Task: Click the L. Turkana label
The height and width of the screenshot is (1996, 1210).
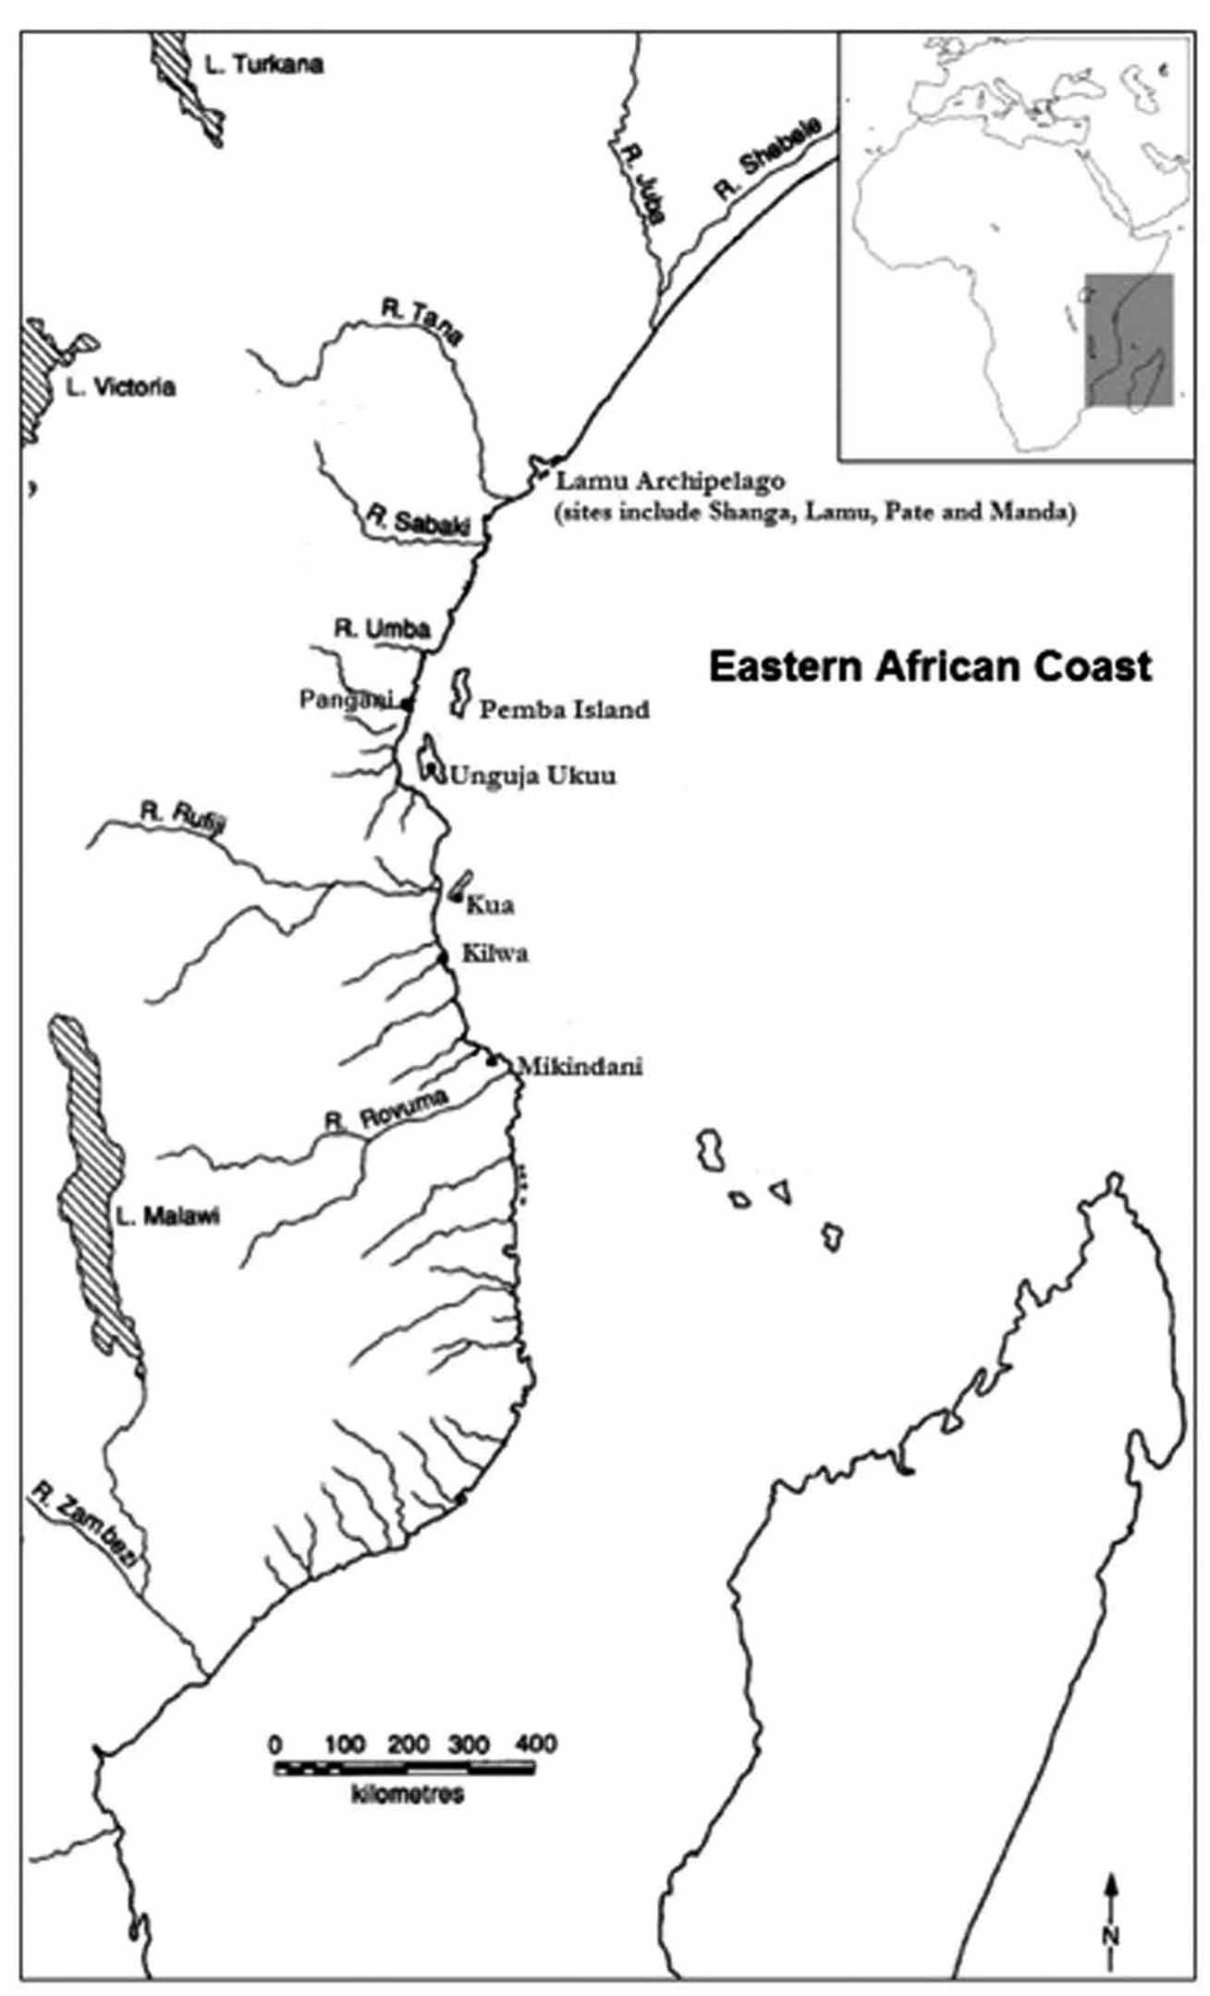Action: tap(263, 65)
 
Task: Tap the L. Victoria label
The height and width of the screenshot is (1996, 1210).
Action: tap(120, 387)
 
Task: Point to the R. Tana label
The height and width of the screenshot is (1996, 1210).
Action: tap(422, 323)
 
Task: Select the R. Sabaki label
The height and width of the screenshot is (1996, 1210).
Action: tap(419, 520)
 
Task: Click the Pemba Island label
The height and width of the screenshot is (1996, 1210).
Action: tap(564, 710)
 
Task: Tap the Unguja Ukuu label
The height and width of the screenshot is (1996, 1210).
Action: tap(532, 776)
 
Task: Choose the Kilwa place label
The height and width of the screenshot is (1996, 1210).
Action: tap(495, 953)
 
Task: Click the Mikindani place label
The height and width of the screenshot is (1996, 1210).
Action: tap(580, 1066)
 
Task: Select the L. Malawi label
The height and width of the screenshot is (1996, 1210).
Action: tap(167, 1217)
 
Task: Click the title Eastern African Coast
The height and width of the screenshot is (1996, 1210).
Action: tap(930, 666)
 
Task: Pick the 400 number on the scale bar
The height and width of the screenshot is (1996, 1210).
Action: tap(535, 1745)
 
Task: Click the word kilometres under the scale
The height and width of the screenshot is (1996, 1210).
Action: tap(408, 1794)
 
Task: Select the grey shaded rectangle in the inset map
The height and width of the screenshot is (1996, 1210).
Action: tap(1128, 338)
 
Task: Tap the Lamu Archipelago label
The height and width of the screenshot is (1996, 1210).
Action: tap(669, 481)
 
